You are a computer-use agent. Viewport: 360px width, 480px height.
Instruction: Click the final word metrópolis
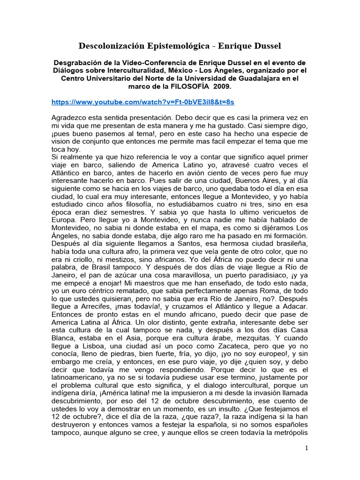click(x=287, y=434)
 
